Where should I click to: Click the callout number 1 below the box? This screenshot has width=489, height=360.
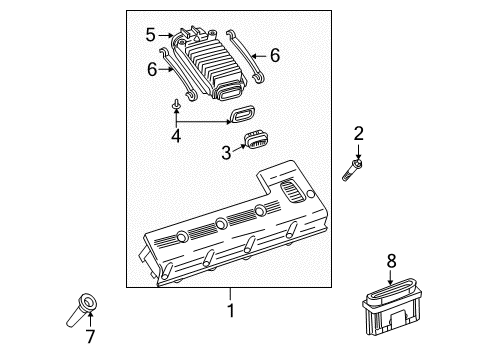[230, 311]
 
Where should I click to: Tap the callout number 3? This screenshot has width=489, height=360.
[227, 152]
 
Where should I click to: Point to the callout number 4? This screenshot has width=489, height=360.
[176, 135]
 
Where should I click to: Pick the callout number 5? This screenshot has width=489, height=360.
[152, 35]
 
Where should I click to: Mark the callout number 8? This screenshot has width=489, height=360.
[392, 260]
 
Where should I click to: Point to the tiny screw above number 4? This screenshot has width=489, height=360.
[176, 103]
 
